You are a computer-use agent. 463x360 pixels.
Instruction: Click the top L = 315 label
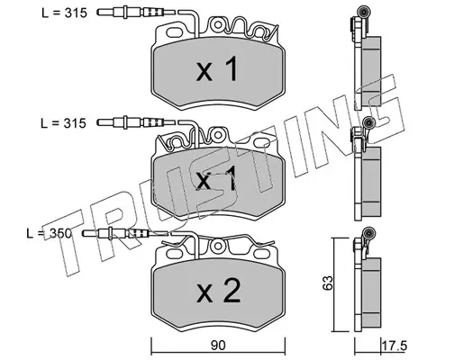(64, 13)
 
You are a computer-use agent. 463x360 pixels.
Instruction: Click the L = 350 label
(50, 233)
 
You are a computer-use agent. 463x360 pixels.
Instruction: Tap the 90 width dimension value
(218, 346)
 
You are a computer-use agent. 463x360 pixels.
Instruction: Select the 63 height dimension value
(328, 283)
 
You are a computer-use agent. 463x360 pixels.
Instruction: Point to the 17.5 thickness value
(394, 346)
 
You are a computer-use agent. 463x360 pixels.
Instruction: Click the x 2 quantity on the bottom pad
(219, 291)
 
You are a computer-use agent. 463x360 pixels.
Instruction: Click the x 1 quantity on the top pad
(217, 69)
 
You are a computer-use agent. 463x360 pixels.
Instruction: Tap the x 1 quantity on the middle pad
(216, 179)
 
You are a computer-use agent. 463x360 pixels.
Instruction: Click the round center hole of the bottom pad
(217, 246)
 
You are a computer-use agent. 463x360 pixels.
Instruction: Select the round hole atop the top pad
(217, 25)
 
